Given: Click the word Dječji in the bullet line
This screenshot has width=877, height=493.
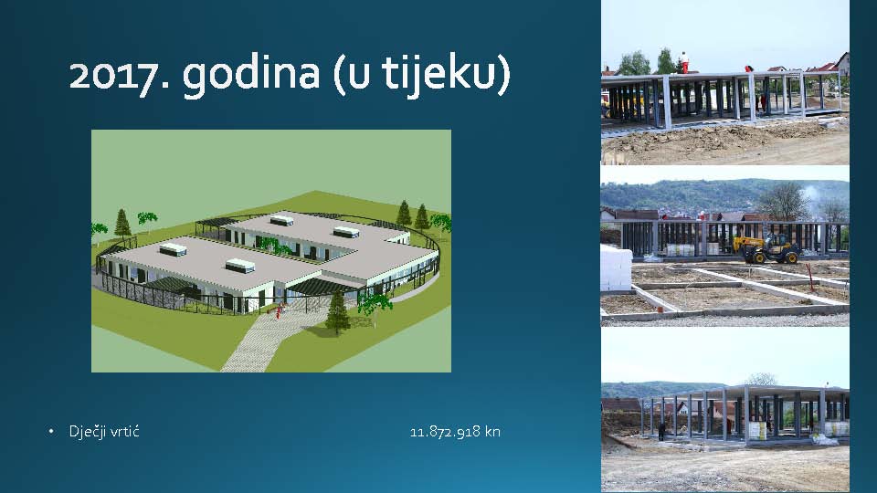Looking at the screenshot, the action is pyautogui.click(x=87, y=432).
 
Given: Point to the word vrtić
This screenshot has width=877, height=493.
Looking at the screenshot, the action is pyautogui.click(x=124, y=432).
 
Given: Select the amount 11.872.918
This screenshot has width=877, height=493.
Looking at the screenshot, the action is pyautogui.click(x=445, y=432).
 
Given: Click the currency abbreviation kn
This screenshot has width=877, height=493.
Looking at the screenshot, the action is pyautogui.click(x=492, y=432).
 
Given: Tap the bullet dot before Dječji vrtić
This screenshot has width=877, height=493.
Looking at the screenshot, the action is pyautogui.click(x=51, y=432).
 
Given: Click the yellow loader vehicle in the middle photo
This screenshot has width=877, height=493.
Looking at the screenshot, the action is pyautogui.click(x=767, y=248).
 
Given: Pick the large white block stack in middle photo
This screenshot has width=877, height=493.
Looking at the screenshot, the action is pyautogui.click(x=616, y=268).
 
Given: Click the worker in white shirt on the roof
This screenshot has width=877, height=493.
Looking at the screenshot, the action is pyautogui.click(x=683, y=62).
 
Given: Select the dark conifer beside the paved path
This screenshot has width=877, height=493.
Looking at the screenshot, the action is pyautogui.click(x=337, y=313).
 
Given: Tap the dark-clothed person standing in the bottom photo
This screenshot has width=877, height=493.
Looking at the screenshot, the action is pyautogui.click(x=662, y=432).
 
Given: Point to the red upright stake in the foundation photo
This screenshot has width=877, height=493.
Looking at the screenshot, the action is pyautogui.click(x=809, y=274).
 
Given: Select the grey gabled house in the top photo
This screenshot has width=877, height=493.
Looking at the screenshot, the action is pyautogui.click(x=841, y=63).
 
